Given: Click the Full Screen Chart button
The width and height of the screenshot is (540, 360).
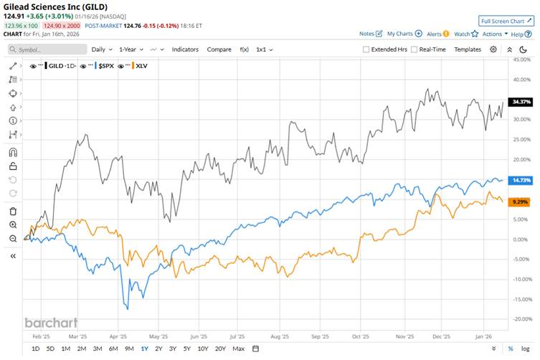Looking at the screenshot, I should [x=506, y=22].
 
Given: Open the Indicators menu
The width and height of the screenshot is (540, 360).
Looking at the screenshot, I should [x=185, y=49].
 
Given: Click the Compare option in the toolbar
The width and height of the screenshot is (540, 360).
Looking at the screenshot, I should [x=219, y=49].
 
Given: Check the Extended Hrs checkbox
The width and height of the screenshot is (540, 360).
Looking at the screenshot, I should [x=366, y=49].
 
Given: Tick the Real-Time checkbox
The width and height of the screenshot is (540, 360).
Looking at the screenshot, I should [x=414, y=49].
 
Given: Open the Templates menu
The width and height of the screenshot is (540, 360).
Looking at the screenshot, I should [x=468, y=49].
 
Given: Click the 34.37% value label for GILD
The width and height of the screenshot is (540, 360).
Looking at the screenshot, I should [x=518, y=102].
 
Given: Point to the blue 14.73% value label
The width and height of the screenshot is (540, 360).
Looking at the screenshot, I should [x=518, y=180].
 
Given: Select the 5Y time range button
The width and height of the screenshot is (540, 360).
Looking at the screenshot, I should [x=186, y=349].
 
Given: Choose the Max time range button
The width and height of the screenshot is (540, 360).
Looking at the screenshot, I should [x=238, y=349].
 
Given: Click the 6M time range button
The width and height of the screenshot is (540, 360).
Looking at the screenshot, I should [x=113, y=349].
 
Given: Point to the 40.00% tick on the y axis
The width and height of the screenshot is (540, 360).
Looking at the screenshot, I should [x=521, y=60].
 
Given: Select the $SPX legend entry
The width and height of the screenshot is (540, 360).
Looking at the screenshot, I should [x=106, y=65].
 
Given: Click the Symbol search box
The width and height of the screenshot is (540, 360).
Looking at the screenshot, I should [x=47, y=49].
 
